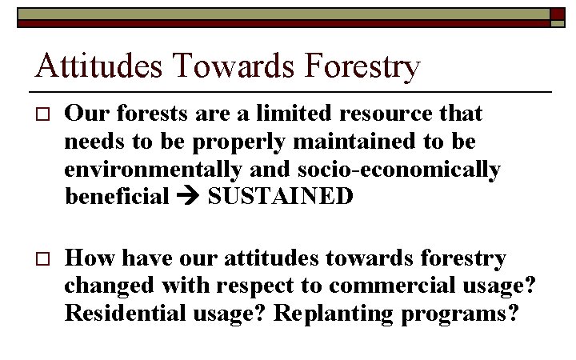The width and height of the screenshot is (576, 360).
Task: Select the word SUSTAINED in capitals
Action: point(281,196)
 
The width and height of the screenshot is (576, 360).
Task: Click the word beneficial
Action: point(117,196)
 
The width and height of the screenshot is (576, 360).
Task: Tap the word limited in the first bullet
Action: point(299,114)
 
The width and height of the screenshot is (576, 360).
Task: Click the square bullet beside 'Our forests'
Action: point(43,114)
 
